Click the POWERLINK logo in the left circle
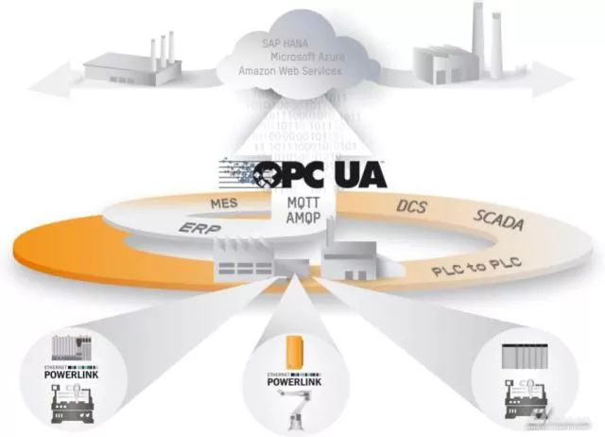(72, 365)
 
